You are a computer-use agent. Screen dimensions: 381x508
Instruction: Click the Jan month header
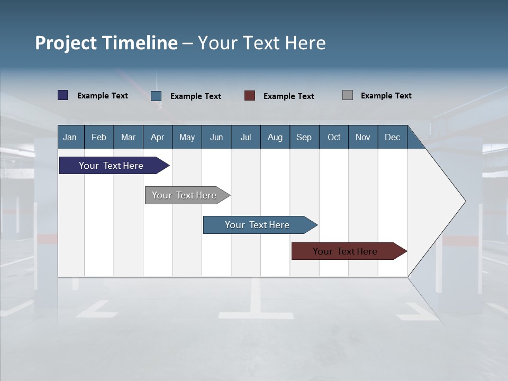pos(70,137)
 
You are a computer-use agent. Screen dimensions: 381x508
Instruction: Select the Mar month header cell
pos(128,137)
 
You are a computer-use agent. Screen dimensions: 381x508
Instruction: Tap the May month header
pos(187,137)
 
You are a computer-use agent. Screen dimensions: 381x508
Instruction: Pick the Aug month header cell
pos(275,137)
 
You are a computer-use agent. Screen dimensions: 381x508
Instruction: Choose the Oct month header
pos(333,137)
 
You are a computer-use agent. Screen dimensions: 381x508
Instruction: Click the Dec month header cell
pos(392,137)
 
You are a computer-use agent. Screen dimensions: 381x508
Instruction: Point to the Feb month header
pos(99,137)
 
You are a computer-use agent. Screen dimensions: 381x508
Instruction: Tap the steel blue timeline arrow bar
pos(258,225)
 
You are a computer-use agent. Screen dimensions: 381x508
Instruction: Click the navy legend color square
pos(62,95)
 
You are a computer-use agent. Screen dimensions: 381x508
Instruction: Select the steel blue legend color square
pos(156,96)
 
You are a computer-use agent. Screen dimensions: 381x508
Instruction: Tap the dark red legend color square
pos(250,96)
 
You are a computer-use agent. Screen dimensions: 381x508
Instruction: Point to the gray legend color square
pos(347,95)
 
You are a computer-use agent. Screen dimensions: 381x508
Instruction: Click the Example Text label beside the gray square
pos(386,96)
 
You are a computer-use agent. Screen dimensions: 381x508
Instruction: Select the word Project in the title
pos(67,43)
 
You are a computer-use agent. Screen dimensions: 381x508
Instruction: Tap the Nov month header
pos(362,137)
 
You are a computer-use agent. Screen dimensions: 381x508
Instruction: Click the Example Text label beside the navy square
pos(102,96)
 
